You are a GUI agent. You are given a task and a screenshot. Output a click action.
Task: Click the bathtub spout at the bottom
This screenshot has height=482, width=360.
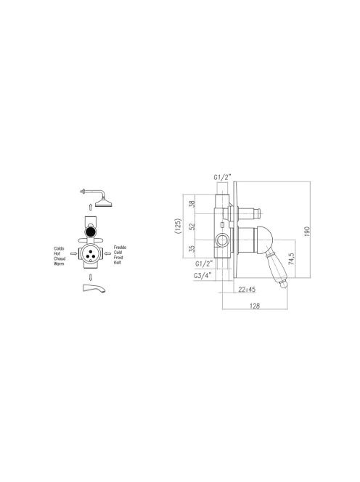tap(94, 288)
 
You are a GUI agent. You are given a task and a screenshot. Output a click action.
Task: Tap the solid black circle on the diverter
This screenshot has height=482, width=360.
tap(90, 231)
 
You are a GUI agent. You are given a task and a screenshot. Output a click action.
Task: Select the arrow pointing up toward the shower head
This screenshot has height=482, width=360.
tap(91, 207)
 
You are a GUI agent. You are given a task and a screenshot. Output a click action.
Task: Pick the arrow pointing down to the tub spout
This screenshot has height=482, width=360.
tap(91, 277)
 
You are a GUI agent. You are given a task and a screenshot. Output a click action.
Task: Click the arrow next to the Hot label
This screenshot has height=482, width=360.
tap(73, 253)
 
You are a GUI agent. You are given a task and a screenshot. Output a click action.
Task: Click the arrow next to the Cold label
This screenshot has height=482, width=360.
tap(107, 253)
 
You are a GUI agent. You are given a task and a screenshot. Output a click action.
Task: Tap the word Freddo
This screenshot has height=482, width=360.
tap(120, 248)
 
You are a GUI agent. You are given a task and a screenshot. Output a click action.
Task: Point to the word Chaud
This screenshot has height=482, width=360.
tap(60, 259)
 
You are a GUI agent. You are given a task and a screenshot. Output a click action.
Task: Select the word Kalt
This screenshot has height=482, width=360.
tap(117, 263)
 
